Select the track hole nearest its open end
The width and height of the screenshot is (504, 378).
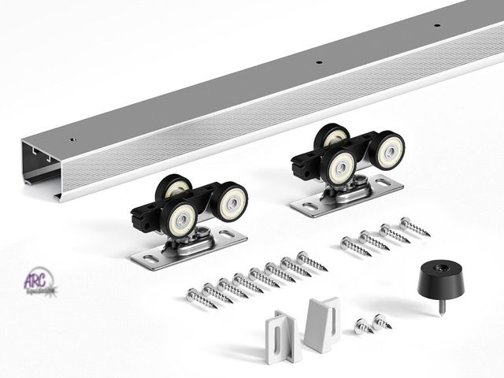72,139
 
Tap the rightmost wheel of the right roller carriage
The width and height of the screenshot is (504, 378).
388,149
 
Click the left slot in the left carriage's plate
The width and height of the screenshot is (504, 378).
150,257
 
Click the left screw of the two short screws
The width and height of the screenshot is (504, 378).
363,325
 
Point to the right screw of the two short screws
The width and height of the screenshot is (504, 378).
383,321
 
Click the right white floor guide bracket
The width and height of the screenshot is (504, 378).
322,323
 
